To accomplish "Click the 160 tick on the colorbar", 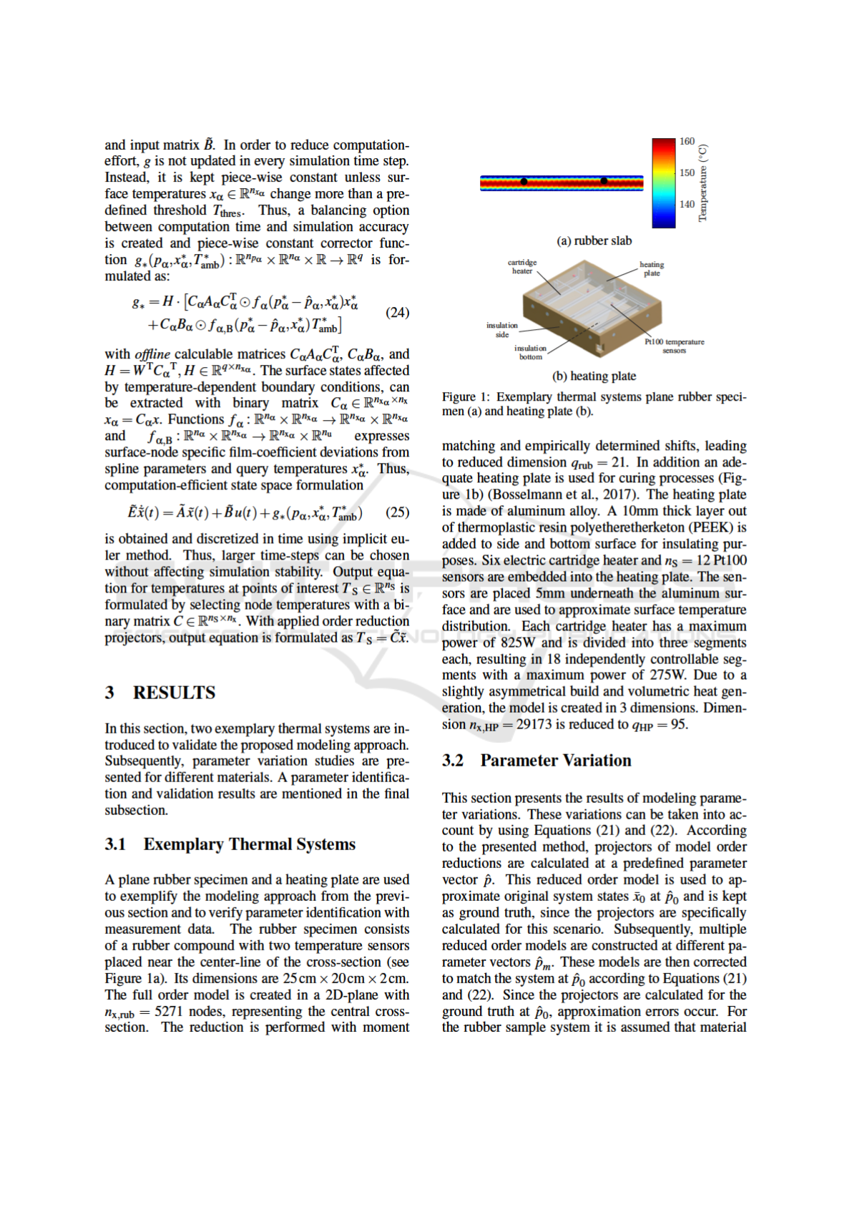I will pos(686,142).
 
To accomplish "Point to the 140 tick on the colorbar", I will pos(686,204).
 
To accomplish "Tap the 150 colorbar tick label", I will pos(686,172).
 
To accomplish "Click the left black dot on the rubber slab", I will pos(524,182).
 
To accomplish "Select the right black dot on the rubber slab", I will pos(604,181).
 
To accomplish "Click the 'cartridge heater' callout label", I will pos(522,267).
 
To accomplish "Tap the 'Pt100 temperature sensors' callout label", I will pos(674,346).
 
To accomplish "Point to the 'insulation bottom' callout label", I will pos(530,352).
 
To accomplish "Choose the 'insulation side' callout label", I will pos(502,330).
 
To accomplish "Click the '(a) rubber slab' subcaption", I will pos(594,241).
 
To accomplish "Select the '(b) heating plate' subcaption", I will pos(594,376).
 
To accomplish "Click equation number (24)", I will pos(397,313).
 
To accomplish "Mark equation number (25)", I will pos(397,512).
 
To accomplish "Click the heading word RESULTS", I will pos(174,693).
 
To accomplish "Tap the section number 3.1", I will pos(115,844).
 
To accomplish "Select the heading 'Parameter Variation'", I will pos(556,761).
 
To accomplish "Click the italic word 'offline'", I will pos(152,354).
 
